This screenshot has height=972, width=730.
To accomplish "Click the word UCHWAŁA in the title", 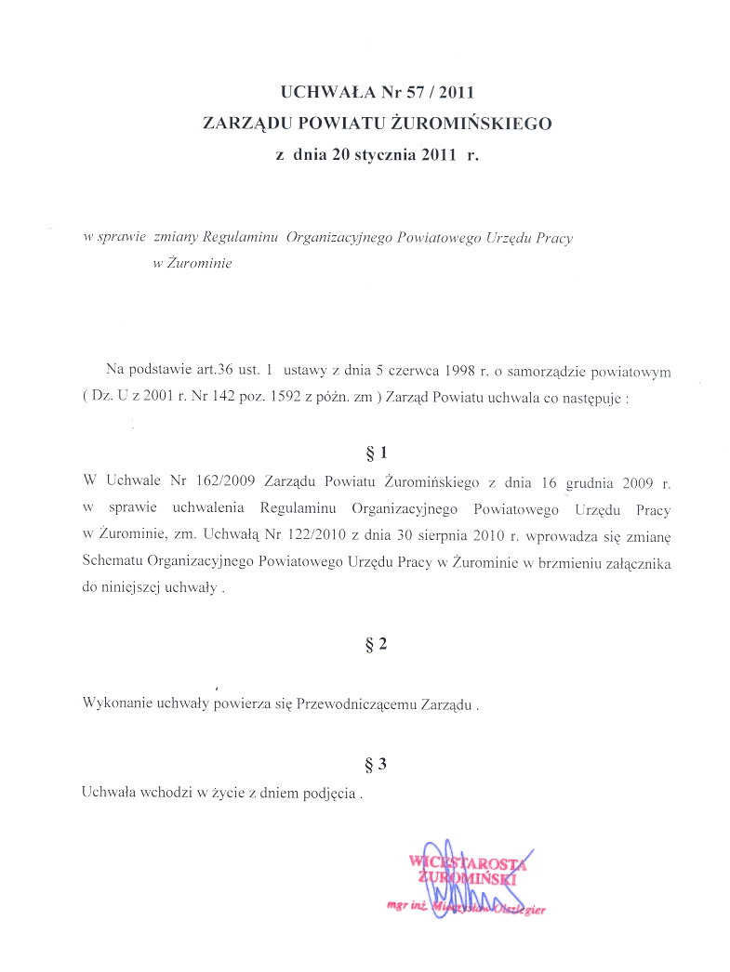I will tap(319, 92).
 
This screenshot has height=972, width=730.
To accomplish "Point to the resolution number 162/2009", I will tap(225, 483).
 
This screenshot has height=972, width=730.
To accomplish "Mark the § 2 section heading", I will tap(377, 644).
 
